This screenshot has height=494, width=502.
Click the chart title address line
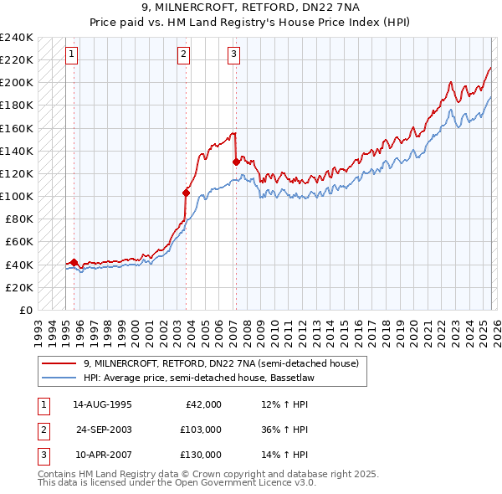(251, 8)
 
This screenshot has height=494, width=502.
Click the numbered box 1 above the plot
(72, 54)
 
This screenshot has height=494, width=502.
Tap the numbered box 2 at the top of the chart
(183, 54)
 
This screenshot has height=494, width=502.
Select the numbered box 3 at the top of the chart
(233, 54)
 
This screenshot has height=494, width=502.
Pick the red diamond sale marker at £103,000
(187, 193)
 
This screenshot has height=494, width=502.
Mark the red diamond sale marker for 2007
(236, 162)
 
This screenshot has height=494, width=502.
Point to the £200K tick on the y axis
(17, 83)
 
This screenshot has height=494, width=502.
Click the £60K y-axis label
(19, 242)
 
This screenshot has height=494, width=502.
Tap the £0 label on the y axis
(25, 311)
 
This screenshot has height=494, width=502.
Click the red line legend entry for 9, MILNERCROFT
(221, 363)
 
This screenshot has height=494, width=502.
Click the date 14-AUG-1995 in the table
(102, 404)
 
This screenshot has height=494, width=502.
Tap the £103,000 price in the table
(201, 430)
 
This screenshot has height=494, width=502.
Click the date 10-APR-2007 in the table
(102, 455)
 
